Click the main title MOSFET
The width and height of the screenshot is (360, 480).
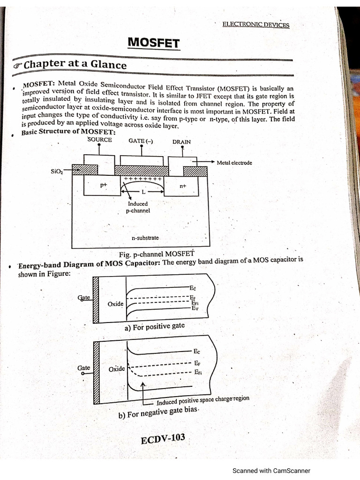point(154,43)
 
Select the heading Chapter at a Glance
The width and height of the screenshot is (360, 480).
point(75,65)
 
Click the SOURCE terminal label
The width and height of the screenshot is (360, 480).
point(99,140)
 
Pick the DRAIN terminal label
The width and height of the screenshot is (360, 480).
point(181,142)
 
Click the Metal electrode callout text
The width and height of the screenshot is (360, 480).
point(234,163)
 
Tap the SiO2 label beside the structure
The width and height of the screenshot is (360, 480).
point(57,172)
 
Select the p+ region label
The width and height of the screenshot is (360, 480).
point(104,185)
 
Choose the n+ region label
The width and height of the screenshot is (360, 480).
point(183,186)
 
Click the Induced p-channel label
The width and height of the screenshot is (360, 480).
point(137,207)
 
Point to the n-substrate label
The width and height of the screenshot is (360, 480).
point(145,238)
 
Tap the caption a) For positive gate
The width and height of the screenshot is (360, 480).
point(155,327)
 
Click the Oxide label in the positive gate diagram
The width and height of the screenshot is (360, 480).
point(115,304)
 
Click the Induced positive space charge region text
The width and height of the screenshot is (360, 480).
point(202,400)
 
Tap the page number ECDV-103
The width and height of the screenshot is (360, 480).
point(163,439)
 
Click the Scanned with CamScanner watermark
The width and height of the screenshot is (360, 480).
point(271,471)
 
